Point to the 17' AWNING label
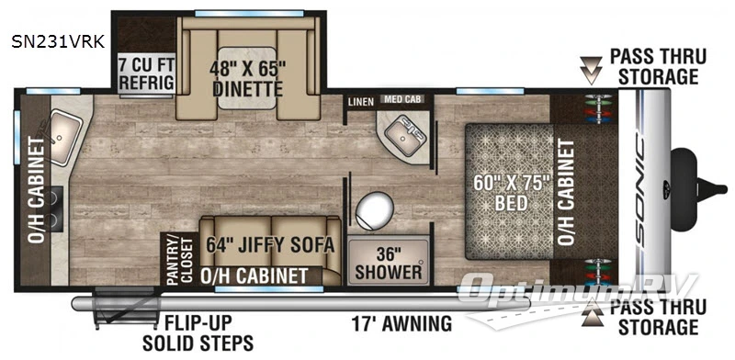click(x=402, y=323)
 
